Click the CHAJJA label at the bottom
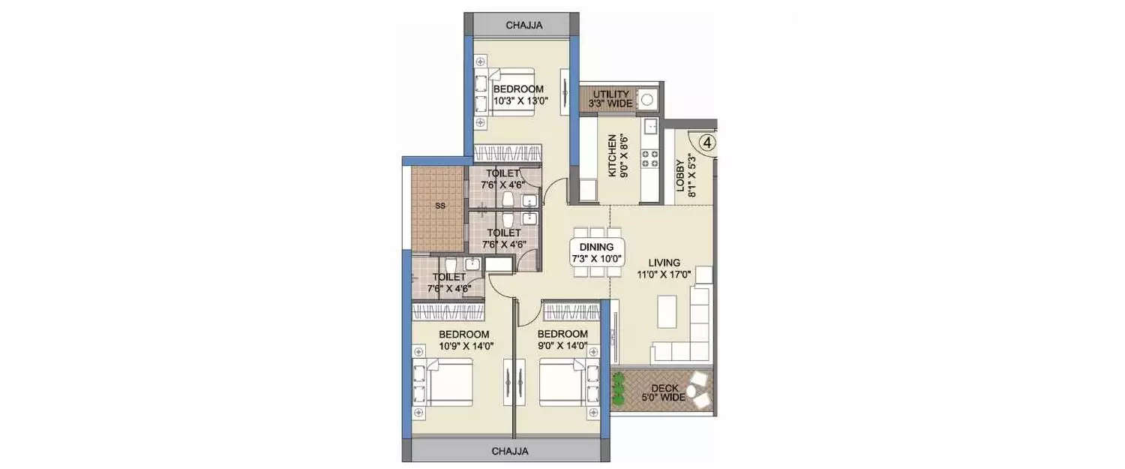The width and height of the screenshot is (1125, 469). point(510,452)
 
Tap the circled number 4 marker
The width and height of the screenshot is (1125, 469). point(707,140)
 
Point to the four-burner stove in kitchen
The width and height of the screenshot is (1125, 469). point(649,158)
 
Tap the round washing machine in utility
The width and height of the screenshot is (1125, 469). point(646,100)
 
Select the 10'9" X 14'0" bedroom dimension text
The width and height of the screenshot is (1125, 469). point(464,346)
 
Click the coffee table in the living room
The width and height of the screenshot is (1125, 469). point(666,311)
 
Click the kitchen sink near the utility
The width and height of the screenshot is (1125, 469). point(649,126)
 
